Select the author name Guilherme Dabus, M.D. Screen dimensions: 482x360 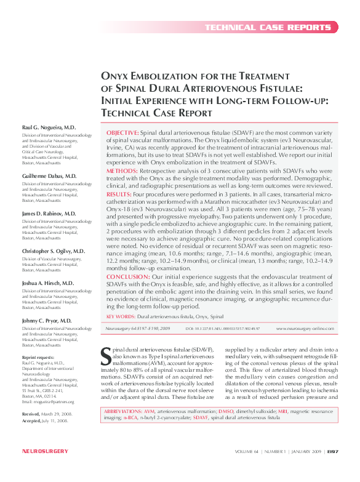point(49,176)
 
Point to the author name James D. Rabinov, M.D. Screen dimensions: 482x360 point(49,213)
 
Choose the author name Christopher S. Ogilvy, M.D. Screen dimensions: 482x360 point(54,251)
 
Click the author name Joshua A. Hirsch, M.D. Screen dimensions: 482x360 point(49,283)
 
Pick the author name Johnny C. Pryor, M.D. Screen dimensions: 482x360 point(47,321)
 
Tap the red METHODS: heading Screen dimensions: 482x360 point(119,170)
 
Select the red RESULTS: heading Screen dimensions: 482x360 point(119,194)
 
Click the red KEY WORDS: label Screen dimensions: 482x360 point(121,316)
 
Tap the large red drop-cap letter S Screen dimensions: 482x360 point(105,355)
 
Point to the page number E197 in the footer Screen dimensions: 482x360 point(332,468)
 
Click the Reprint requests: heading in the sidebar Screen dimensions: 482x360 point(39,357)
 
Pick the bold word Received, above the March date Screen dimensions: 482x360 point(31,415)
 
